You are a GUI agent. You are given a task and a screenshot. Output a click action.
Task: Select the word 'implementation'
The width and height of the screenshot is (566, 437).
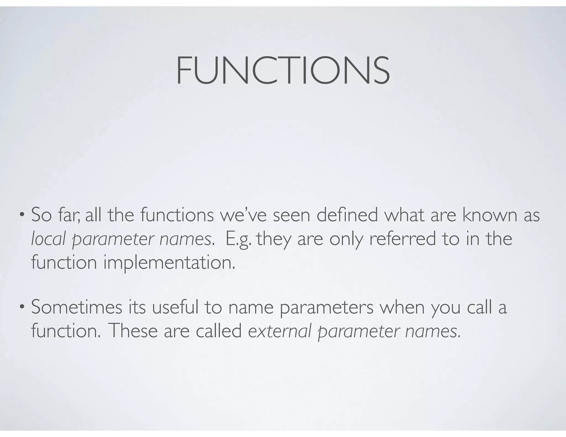click(x=169, y=262)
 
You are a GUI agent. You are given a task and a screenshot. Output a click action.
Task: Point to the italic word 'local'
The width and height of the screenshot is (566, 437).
click(x=48, y=239)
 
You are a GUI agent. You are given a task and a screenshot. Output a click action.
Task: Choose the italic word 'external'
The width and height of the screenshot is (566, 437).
click(x=280, y=331)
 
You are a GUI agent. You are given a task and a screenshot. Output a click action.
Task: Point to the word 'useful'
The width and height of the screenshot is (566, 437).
click(x=175, y=307)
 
